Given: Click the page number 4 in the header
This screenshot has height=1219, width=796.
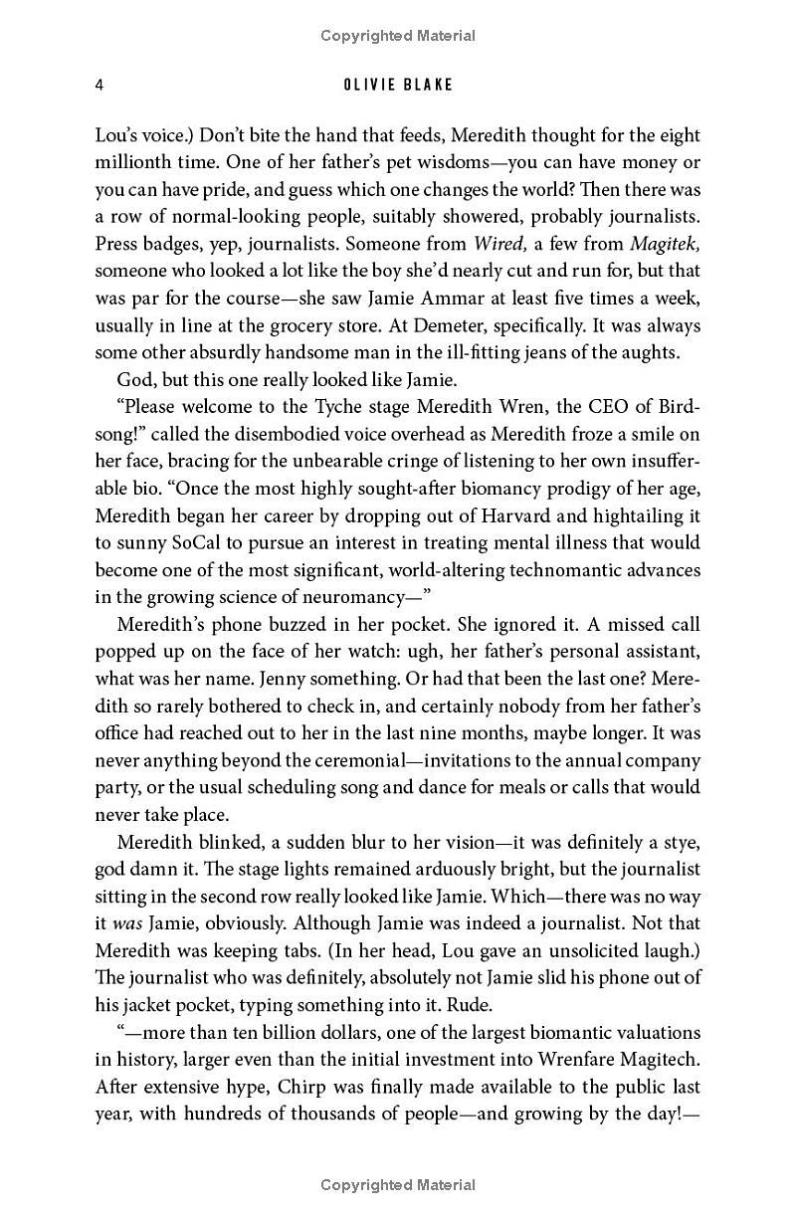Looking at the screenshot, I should [x=99, y=85].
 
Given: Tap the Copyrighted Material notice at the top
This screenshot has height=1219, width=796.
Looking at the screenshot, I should [x=398, y=36].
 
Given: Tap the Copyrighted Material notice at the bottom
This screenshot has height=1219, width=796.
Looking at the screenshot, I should [x=398, y=1184].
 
